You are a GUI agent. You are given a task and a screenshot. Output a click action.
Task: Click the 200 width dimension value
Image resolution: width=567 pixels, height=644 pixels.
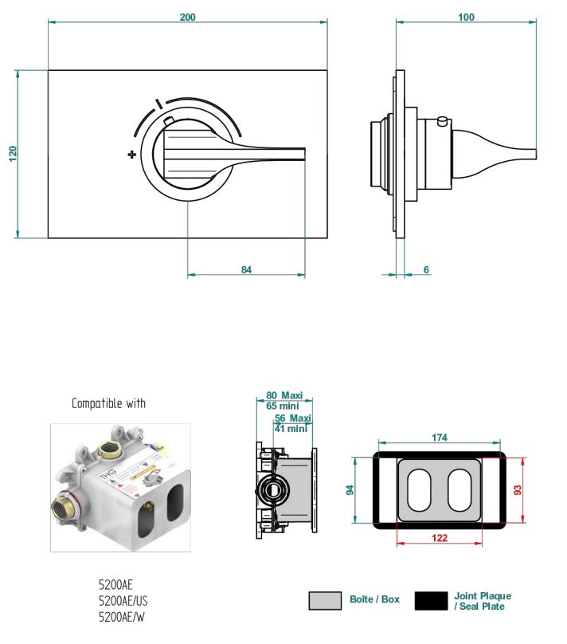[188, 17]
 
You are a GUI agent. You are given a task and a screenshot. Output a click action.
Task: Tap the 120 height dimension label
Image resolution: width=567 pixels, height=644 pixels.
[13, 153]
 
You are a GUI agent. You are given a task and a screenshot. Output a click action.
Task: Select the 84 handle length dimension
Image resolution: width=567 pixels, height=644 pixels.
[246, 270]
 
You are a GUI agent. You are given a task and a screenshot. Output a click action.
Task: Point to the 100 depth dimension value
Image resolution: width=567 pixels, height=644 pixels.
[467, 17]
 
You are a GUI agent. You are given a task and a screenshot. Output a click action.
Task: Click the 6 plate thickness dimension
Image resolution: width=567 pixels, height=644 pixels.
[426, 270]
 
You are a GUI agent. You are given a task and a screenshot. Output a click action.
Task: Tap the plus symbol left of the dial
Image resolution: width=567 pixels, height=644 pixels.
[131, 154]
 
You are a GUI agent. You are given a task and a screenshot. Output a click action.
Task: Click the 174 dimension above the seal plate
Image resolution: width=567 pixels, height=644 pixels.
[440, 438]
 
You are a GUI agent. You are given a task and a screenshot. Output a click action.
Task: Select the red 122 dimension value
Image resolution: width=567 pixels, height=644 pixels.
[440, 538]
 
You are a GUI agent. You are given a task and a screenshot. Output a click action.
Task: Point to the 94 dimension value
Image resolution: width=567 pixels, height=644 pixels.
[350, 490]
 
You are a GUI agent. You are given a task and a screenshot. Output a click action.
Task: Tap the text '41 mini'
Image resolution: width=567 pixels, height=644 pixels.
[291, 428]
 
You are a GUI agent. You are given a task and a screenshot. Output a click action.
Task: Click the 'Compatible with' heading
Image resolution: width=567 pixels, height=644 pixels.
[108, 403]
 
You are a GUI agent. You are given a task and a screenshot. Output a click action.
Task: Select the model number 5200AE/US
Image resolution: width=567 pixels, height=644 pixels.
[123, 600]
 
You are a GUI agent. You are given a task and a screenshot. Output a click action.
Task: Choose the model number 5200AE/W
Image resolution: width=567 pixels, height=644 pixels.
[121, 616]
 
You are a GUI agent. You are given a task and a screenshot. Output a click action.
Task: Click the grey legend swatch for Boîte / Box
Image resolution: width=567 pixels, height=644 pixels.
[325, 600]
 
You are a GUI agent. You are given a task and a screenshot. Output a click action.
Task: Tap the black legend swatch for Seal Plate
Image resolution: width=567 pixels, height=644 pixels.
[431, 600]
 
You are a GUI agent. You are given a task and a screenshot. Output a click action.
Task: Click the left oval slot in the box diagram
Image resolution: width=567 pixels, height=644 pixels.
[420, 490]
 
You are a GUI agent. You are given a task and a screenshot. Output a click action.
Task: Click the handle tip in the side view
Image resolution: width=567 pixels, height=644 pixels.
[534, 154]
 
